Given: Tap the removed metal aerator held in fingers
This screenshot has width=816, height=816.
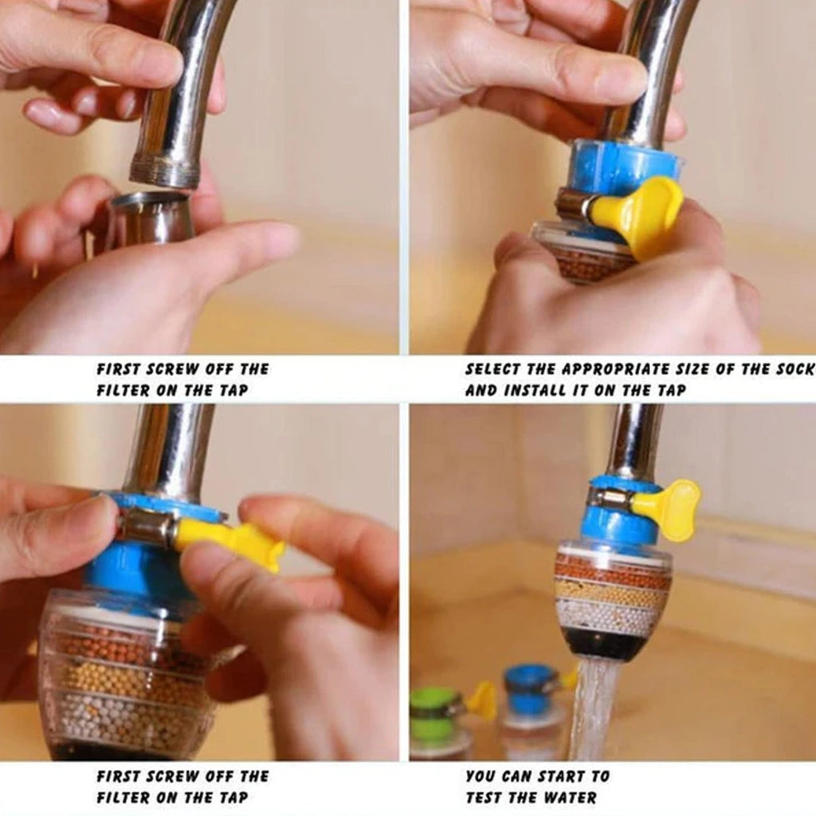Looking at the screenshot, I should pyautogui.click(x=151, y=217).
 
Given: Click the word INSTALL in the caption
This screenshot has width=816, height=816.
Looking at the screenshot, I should pyautogui.click(x=531, y=390).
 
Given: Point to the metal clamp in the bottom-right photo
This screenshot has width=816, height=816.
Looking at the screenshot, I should pyautogui.click(x=610, y=500).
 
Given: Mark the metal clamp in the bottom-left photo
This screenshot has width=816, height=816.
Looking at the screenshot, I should pyautogui.click(x=148, y=526).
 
